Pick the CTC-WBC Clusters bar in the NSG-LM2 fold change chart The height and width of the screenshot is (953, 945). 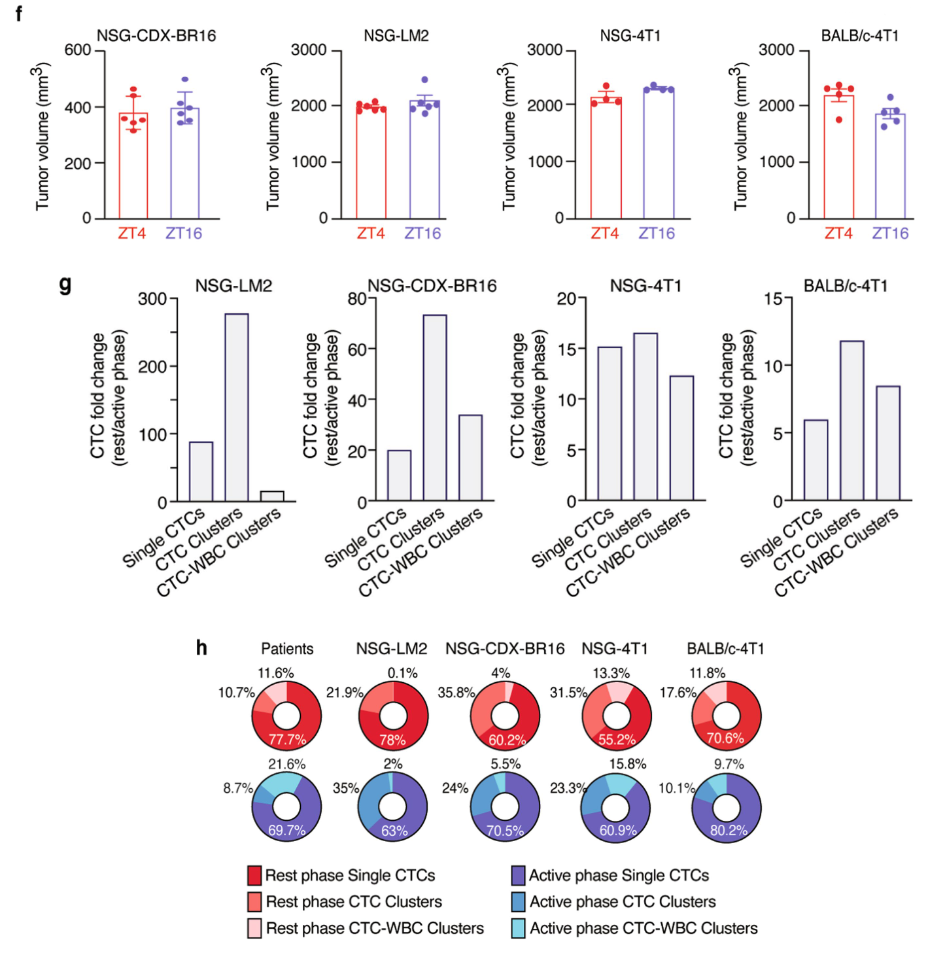click(272, 496)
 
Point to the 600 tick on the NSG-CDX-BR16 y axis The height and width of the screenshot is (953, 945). click(78, 50)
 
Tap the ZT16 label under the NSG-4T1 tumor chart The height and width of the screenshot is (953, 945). click(657, 234)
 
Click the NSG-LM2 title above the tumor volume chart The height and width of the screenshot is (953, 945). click(396, 35)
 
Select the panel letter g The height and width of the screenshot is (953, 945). click(65, 285)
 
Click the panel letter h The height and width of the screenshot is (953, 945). click(201, 648)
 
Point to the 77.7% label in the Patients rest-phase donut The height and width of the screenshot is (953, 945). click(287, 740)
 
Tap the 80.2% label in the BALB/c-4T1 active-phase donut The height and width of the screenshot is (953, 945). click(728, 831)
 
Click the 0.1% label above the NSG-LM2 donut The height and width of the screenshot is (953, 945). click(402, 673)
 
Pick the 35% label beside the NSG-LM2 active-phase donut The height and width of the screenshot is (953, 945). click(346, 788)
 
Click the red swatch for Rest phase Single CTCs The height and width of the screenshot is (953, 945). click(255, 875)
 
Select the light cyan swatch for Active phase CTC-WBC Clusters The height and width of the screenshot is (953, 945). click(519, 928)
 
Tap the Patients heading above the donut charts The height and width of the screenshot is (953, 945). click(287, 649)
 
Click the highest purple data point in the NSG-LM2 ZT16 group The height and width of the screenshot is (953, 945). click(425, 80)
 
